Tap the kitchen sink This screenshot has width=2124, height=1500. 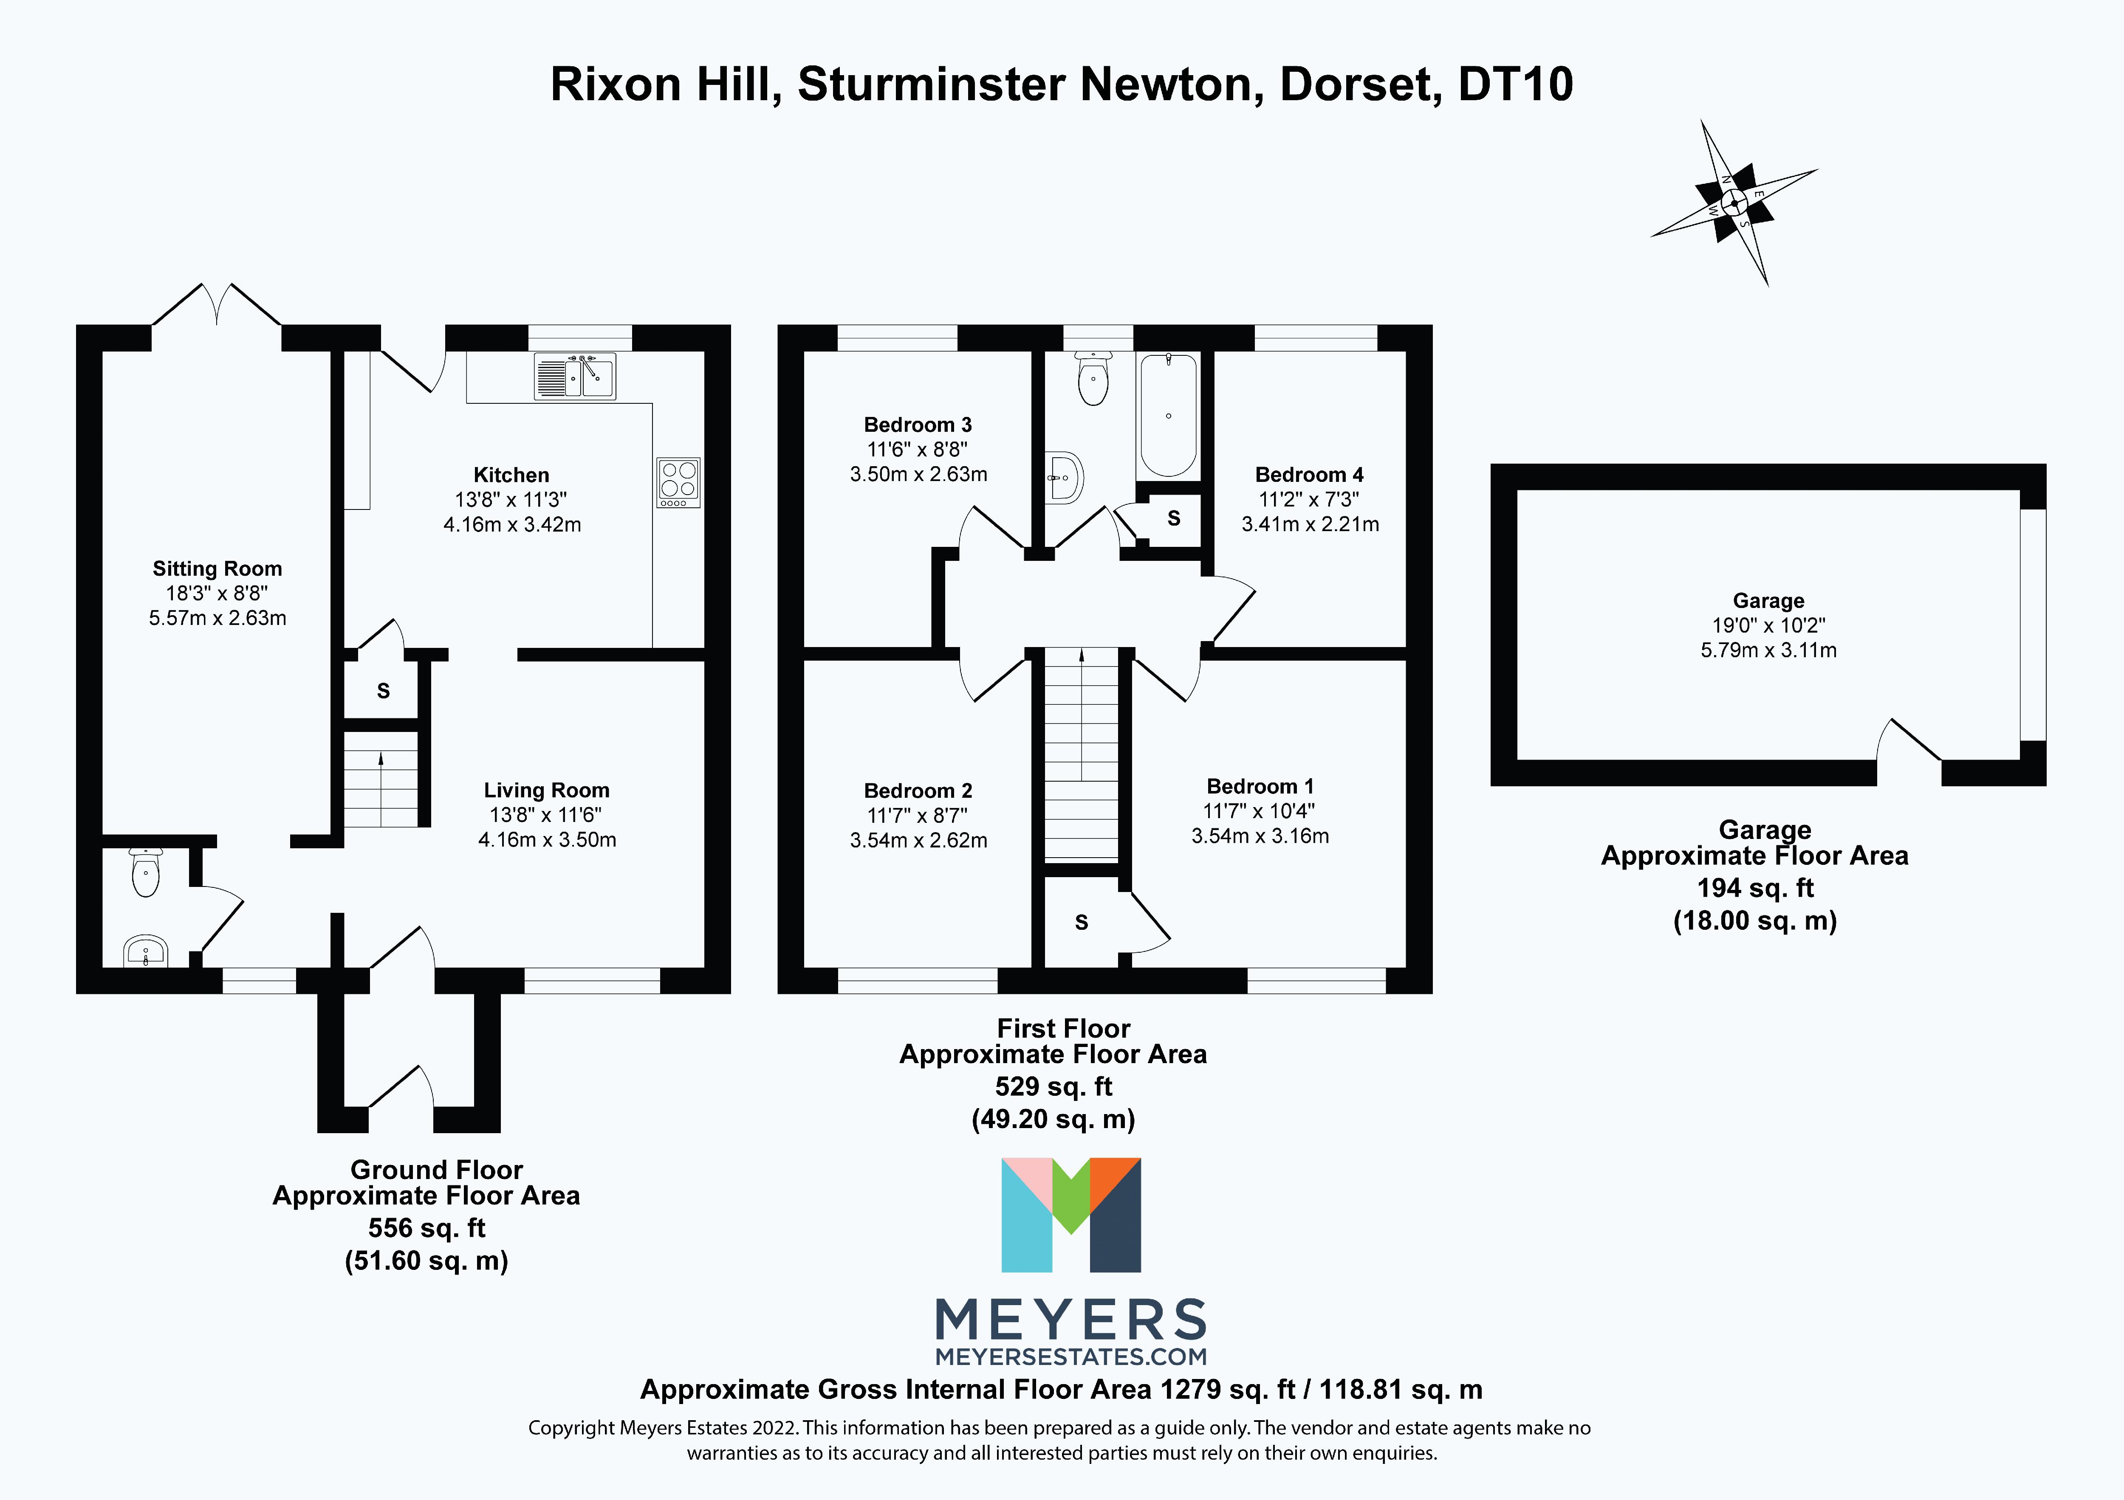574,377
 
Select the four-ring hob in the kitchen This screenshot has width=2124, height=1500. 678,482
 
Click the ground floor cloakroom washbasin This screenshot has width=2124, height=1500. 146,951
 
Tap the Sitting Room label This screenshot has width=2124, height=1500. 217,569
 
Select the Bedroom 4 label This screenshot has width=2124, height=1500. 1309,474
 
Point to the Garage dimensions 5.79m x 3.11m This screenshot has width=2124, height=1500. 1768,650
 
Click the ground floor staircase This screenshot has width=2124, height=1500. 381,780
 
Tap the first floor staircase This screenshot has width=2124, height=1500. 1082,754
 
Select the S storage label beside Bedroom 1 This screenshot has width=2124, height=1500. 1082,922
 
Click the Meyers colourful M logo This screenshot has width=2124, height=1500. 1071,1214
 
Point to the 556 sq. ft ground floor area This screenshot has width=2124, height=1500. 426,1228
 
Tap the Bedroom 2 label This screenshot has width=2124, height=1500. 918,791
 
